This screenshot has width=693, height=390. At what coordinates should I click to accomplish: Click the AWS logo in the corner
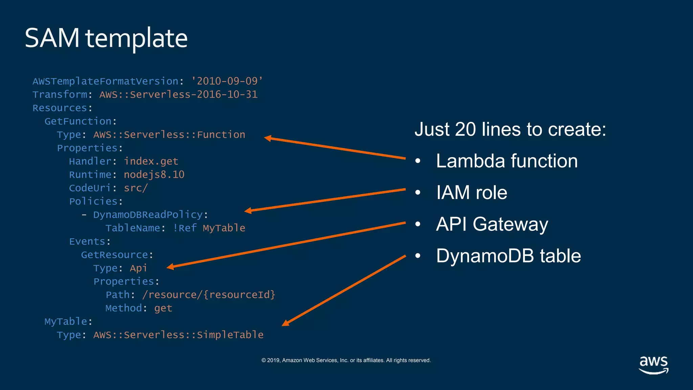coord(653,364)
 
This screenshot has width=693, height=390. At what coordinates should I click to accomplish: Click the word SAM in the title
coord(52,38)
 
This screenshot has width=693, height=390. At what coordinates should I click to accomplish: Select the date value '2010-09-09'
coord(227,81)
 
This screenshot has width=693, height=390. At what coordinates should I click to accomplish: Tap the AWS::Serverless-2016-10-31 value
coord(178,94)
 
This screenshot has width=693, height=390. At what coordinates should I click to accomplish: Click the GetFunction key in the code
coord(78,121)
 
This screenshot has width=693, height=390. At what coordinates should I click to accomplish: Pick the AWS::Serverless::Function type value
coord(169,135)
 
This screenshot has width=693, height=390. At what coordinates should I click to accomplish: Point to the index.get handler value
coord(151,161)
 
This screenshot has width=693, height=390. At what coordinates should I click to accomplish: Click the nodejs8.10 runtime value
coord(154,175)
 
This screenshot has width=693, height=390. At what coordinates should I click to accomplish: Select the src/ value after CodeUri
coord(136,188)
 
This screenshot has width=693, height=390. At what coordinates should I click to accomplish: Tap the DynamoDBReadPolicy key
coord(148,215)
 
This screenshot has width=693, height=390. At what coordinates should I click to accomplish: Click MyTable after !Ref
coord(224,228)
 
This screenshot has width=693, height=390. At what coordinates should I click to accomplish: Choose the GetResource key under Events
coord(114,255)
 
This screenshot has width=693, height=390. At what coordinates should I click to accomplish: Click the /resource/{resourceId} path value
coord(209,295)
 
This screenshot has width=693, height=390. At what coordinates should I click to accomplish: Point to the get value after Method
coord(163,308)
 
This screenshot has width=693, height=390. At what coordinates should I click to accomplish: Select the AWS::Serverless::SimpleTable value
coord(178,335)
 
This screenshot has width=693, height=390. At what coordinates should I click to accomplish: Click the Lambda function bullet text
coord(507,161)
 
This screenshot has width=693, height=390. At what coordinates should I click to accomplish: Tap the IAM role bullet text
coord(471,192)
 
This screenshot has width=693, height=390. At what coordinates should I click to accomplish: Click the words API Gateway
coord(492,224)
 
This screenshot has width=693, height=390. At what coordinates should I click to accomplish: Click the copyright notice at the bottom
coord(346,360)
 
